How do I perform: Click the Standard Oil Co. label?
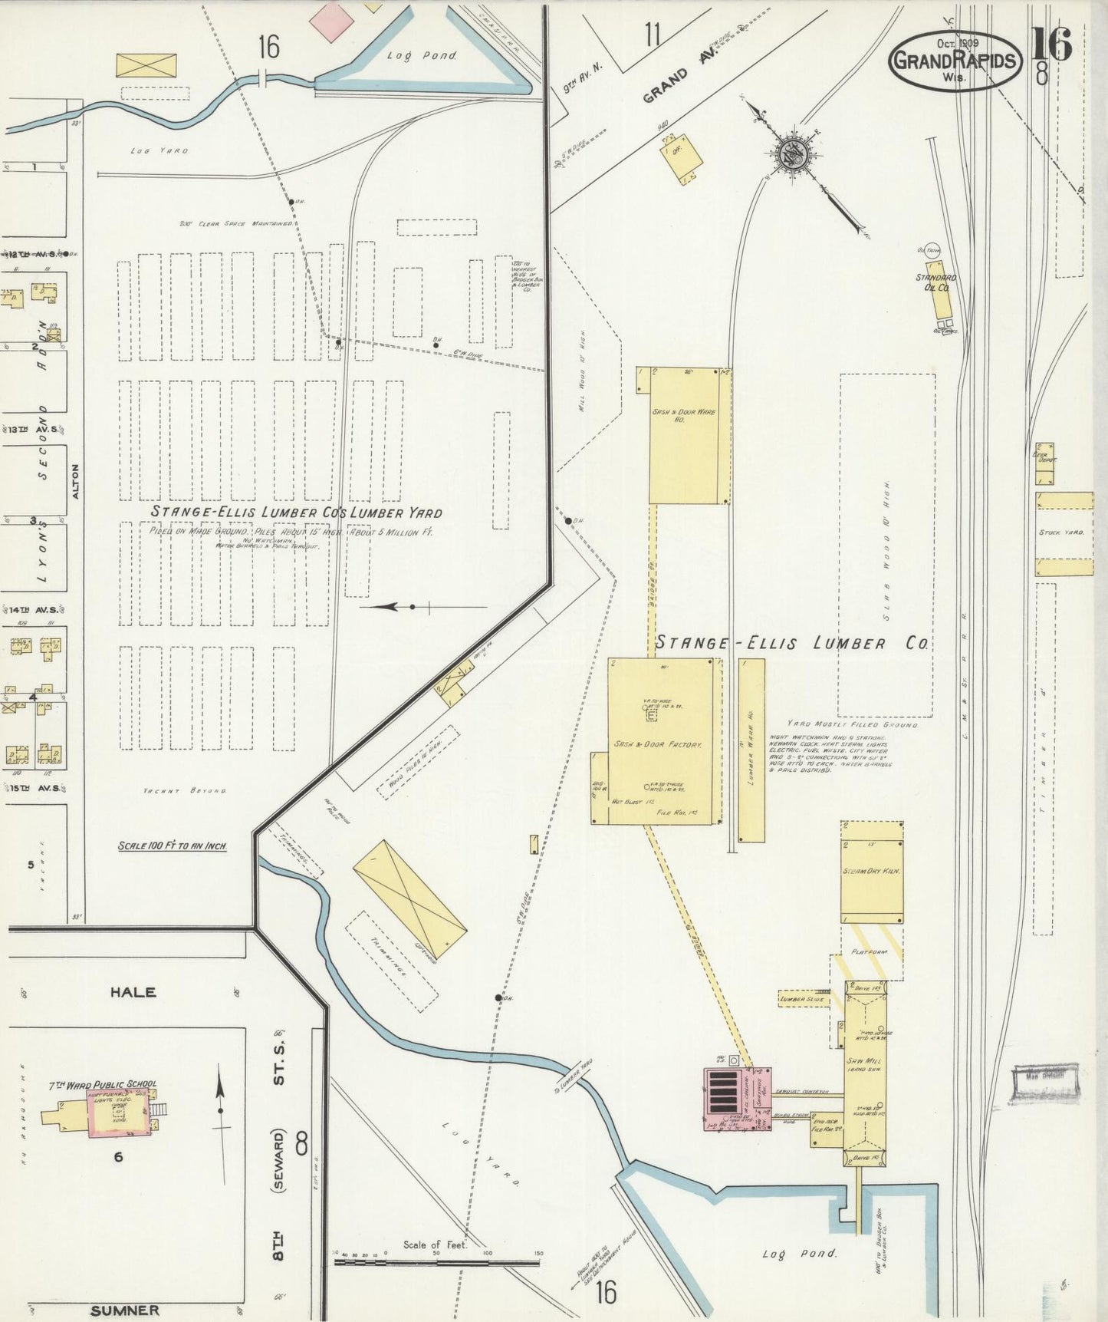935,282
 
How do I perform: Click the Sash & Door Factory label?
657,744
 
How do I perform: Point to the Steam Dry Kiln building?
872,872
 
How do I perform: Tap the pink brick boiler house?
737,1098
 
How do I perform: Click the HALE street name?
133,992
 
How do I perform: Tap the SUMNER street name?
124,1310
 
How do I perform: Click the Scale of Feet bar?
436,1261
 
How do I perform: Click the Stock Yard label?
1061,532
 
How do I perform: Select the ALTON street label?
75,481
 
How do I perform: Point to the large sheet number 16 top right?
1050,44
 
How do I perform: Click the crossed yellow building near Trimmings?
409,898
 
